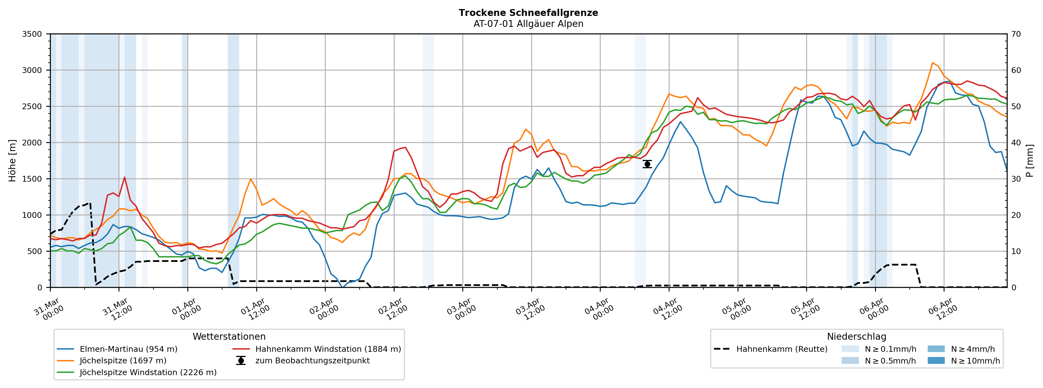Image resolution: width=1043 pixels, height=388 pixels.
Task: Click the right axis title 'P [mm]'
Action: coord(1030,161)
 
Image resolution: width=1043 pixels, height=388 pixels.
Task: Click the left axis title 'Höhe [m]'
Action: coord(13,161)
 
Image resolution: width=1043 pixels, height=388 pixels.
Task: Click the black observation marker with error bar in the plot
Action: coord(647,164)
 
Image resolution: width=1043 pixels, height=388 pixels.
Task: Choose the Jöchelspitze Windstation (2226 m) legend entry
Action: coord(148,372)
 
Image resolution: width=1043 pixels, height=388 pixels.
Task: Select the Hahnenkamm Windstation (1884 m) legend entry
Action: coord(328,349)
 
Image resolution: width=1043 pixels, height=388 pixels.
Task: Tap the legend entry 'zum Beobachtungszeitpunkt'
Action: coord(312,361)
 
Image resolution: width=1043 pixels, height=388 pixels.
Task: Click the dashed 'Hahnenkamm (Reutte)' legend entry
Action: coord(781,349)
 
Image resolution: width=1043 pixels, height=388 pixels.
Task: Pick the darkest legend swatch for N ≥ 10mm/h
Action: coord(936,361)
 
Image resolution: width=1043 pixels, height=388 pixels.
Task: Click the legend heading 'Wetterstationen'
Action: coord(229,337)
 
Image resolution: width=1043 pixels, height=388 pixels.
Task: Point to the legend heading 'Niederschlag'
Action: coord(856,337)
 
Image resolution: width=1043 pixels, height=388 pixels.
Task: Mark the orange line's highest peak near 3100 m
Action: coord(932,63)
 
